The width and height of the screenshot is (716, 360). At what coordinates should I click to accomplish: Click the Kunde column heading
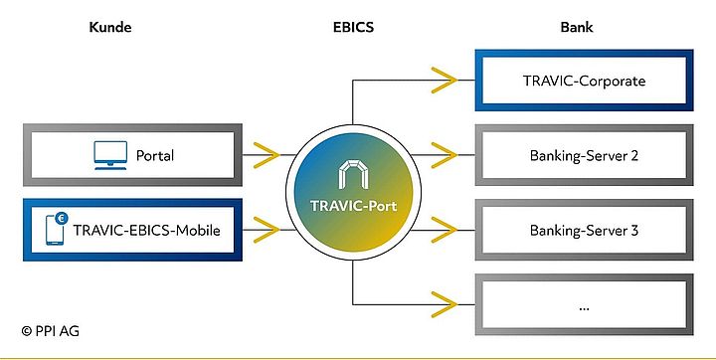(109, 27)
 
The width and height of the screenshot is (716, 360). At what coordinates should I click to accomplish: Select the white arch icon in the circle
(355, 176)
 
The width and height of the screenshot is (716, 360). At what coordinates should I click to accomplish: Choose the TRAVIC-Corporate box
(585, 79)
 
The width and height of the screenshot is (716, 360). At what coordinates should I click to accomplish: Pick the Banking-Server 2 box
(585, 155)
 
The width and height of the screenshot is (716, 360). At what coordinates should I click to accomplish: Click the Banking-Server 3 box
(585, 231)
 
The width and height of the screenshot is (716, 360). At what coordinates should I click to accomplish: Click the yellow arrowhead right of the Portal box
(265, 155)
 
